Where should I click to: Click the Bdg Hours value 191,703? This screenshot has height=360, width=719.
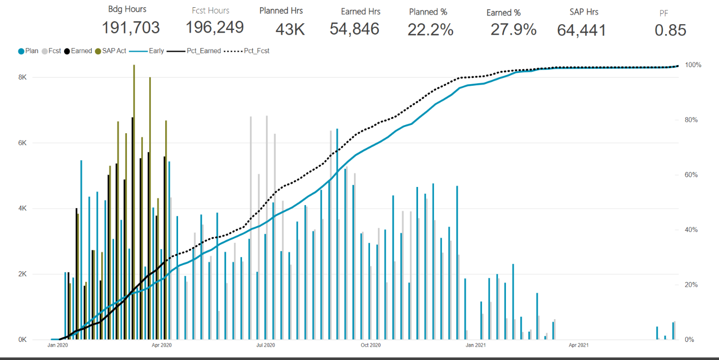[131, 28]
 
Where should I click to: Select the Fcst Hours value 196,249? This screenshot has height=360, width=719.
[215, 28]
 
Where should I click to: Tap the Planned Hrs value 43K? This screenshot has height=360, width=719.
[290, 29]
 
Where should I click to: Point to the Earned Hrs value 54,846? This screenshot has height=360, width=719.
[355, 29]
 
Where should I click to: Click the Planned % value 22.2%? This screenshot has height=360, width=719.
[430, 30]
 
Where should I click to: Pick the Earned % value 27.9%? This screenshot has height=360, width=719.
[514, 30]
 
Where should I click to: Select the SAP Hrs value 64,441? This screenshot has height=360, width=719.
[582, 30]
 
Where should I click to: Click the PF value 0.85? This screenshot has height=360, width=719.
[670, 30]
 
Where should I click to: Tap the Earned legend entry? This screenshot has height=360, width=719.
[78, 51]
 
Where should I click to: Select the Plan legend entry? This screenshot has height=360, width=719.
[28, 51]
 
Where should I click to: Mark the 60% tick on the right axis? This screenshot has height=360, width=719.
[691, 175]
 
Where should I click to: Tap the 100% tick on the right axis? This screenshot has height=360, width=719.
[692, 65]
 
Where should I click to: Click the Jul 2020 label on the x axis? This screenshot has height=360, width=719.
[266, 345]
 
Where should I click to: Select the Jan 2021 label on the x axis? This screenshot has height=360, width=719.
[475, 345]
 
